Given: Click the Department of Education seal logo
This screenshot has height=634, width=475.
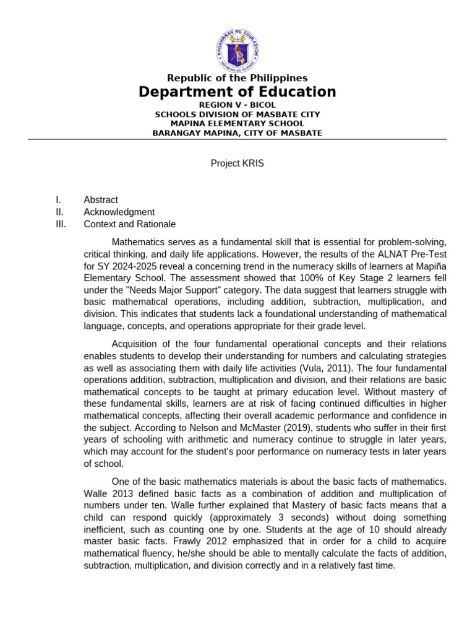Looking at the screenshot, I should (237, 48).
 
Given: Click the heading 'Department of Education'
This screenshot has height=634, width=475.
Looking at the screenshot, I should (237, 92).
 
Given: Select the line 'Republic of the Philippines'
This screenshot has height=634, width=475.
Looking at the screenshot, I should (237, 78).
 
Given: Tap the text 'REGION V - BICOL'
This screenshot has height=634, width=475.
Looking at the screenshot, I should (237, 105).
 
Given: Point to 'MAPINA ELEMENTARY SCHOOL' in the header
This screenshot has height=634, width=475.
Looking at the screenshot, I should (237, 124).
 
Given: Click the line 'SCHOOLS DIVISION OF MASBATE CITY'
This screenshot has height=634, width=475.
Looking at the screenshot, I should (237, 115).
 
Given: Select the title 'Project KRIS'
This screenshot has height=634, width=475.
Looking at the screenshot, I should (237, 163).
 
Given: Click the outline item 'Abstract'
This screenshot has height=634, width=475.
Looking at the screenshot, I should (101, 200).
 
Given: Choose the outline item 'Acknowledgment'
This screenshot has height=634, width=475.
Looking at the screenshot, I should (119, 212).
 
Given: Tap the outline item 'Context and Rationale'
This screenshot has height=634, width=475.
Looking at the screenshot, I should (130, 224).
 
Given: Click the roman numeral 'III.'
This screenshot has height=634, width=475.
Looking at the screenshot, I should (61, 224).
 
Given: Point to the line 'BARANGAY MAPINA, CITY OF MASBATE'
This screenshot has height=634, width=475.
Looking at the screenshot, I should (237, 133).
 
